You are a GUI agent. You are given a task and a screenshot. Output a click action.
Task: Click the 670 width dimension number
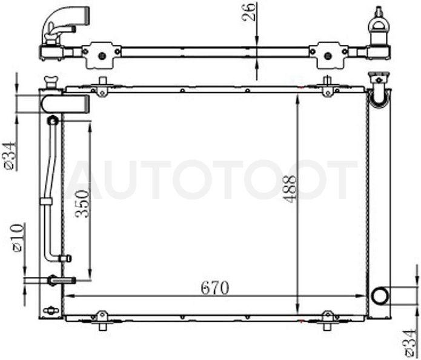click(x=215, y=288)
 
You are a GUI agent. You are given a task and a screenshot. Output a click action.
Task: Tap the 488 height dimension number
click(x=290, y=189)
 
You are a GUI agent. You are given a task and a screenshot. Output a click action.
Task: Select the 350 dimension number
click(x=82, y=204)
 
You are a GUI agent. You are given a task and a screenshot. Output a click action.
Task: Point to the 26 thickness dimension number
click(x=248, y=12)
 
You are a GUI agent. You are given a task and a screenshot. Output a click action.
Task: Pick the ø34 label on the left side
click(x=10, y=156)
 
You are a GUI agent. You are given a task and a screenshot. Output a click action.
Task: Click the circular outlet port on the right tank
click(x=380, y=296)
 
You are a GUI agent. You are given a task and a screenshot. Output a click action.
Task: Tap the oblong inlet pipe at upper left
click(x=65, y=104)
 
